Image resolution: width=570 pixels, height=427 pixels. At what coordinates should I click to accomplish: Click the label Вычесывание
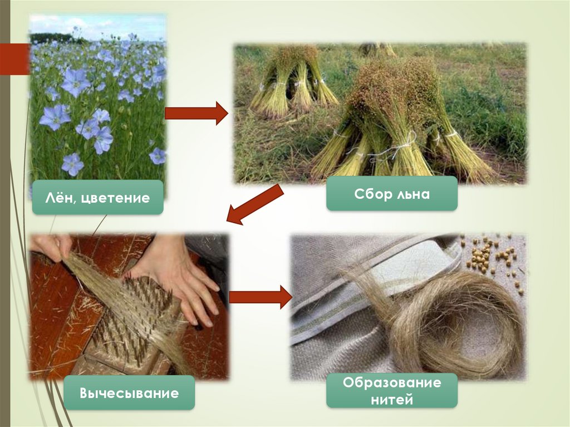coord(129,393)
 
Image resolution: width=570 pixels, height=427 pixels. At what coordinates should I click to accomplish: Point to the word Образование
coord(392,383)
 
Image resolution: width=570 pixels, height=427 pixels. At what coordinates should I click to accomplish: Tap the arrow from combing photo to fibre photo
coord(259,297)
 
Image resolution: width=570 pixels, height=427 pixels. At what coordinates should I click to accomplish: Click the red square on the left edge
coord(13,59)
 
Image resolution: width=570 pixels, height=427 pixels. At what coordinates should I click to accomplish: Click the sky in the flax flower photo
coord(97,25)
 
